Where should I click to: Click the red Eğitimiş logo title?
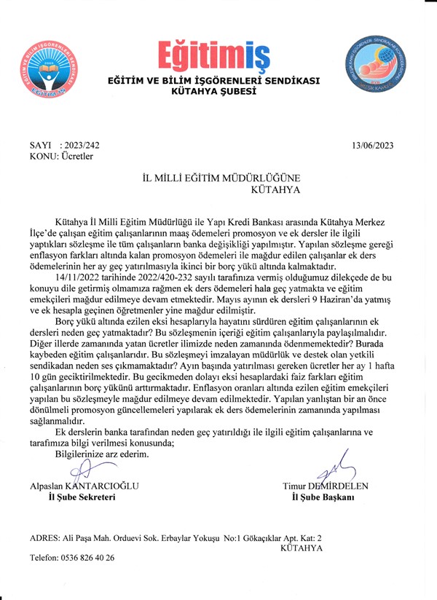pos(213,54)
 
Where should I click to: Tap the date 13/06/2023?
pos(372,145)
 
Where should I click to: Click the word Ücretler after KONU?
pos(75,155)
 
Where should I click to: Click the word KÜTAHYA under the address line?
pos(301,548)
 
